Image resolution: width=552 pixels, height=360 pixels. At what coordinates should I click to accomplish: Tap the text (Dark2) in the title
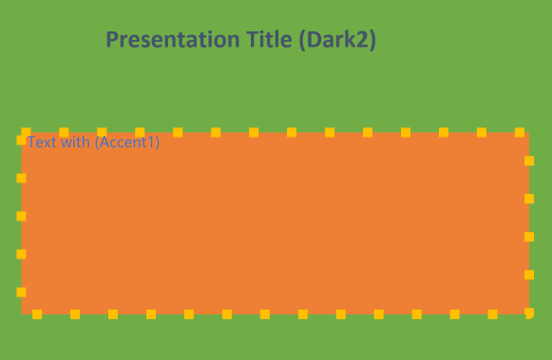pos(337,40)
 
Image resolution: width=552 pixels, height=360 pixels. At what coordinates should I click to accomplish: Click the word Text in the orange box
pos(40,142)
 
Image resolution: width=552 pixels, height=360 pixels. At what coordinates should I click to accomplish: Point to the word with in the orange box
pos(73,142)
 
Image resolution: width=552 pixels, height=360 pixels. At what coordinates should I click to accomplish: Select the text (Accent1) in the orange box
pos(126,142)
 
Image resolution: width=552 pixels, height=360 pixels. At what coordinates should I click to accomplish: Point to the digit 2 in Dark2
pos(364,40)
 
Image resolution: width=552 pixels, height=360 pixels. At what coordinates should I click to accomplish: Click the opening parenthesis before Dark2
pos(301,40)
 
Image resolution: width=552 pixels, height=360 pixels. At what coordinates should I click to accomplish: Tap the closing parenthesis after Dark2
pos(373,40)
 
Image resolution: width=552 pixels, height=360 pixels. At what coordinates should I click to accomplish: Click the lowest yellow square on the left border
pos(21,293)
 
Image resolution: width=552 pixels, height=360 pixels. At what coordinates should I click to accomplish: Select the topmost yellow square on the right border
pos(529,161)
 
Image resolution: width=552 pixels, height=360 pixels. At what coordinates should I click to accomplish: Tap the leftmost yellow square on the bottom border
pos(37,313)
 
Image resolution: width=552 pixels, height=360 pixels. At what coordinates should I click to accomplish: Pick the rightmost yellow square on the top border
pos(519,132)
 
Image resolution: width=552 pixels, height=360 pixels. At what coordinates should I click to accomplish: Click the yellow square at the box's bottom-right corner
pos(529,313)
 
